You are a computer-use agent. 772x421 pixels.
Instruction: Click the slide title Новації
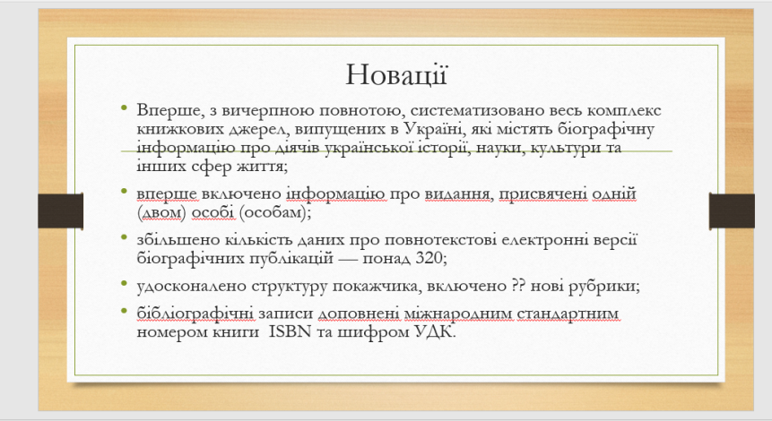coord(396,75)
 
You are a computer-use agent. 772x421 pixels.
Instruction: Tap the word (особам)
coord(273,213)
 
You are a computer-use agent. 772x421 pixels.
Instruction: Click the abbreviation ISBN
coord(290,331)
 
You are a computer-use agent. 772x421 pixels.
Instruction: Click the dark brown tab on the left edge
coord(61,211)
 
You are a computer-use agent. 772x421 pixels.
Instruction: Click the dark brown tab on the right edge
coord(732,211)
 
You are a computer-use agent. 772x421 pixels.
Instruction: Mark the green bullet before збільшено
coord(124,237)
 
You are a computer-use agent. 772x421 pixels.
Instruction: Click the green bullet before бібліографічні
coord(124,311)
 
